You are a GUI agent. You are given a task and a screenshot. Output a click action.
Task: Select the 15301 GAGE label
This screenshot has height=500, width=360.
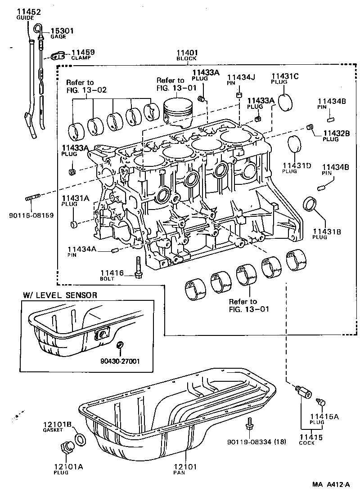pos(62,33)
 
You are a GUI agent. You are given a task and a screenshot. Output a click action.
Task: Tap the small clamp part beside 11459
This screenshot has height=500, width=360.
pos(56,56)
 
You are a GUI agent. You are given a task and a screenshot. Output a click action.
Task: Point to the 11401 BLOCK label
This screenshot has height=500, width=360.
pos(187,55)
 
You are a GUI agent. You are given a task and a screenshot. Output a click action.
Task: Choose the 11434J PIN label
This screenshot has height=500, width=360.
pos(241,80)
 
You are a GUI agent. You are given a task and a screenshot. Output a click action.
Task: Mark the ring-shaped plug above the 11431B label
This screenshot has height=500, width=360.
pos(310,203)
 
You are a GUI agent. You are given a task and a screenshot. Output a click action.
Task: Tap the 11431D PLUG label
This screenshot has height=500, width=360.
pos(297,168)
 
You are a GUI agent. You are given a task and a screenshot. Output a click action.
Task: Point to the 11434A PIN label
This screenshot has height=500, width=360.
pos(81,252)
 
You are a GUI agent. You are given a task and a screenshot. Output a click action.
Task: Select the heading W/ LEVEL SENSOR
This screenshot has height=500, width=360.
pos(59,295)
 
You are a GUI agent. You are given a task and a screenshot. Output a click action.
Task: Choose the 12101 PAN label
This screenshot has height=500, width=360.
pos(185,469)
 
